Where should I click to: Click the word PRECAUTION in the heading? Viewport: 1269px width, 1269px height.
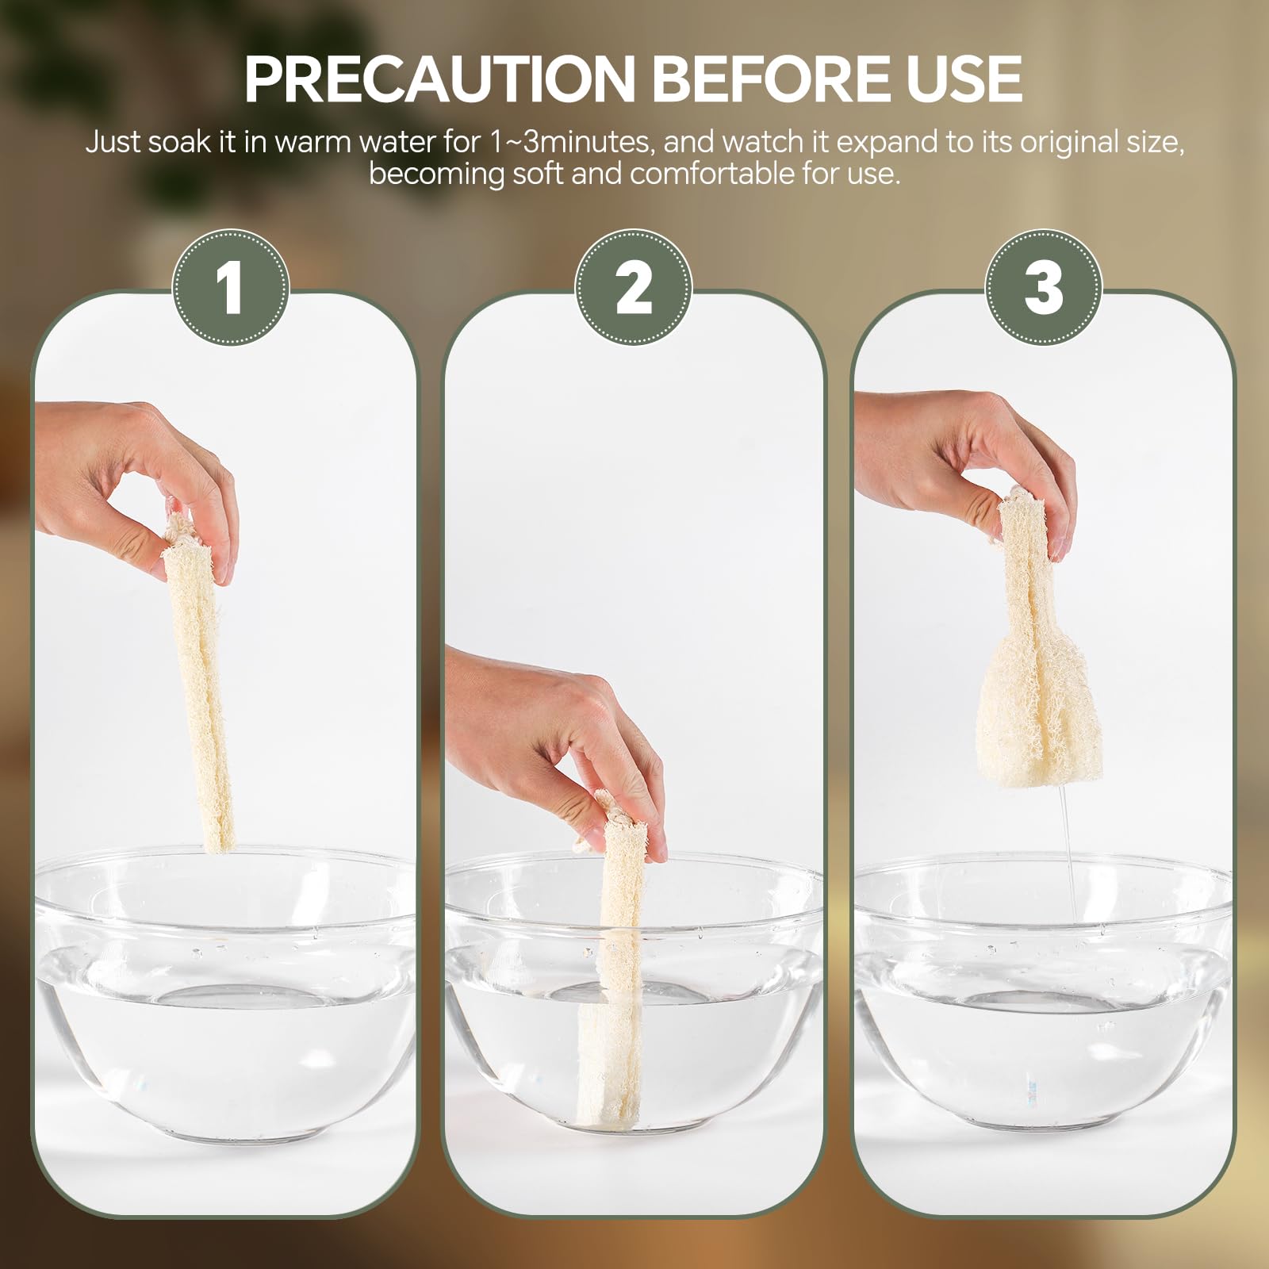440,80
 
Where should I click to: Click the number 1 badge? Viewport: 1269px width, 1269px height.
231,287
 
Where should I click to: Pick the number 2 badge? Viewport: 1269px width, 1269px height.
634,287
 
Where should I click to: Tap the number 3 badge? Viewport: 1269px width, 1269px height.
1044,287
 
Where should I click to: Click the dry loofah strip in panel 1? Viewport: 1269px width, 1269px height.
198,682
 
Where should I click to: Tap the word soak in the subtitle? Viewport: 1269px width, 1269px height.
178,142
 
